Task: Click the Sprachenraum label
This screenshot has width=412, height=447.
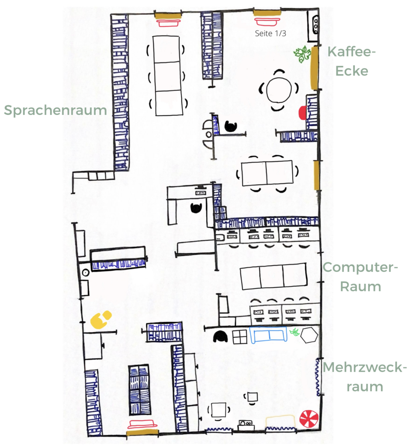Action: (x=55, y=110)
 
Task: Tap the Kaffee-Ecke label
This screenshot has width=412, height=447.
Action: (x=352, y=61)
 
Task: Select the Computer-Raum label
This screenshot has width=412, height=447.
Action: (x=360, y=277)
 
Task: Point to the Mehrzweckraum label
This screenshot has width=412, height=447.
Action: (x=365, y=377)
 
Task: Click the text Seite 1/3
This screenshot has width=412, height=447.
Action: (x=270, y=33)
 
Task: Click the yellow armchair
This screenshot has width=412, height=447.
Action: (x=100, y=320)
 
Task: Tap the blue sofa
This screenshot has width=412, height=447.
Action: (x=268, y=334)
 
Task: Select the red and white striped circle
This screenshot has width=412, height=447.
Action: (x=309, y=419)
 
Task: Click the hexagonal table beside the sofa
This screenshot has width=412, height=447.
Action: (x=309, y=335)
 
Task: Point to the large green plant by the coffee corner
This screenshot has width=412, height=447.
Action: (x=302, y=54)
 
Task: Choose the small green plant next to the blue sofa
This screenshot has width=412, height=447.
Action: (x=294, y=332)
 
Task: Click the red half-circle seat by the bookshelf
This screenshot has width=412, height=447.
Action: (x=302, y=112)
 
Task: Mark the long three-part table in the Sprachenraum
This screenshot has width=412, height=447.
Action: (x=168, y=76)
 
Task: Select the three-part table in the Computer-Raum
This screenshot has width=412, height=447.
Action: (x=274, y=276)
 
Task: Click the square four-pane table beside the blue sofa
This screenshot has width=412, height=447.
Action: (x=240, y=337)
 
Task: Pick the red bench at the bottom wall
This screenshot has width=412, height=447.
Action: (x=142, y=424)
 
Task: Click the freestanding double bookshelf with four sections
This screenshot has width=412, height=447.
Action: (x=139, y=389)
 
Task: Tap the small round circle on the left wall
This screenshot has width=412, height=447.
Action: (x=86, y=273)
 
